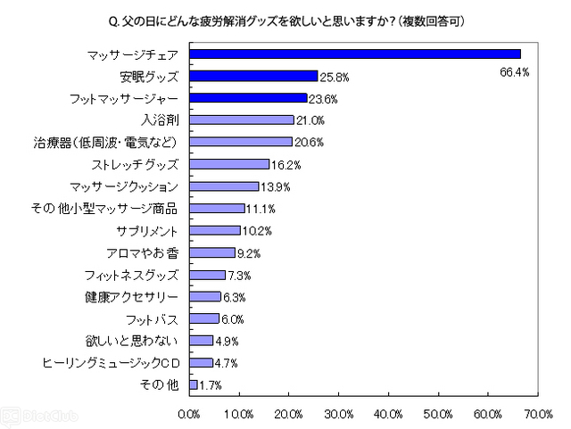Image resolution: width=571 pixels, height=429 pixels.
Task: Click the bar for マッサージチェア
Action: coord(354,54)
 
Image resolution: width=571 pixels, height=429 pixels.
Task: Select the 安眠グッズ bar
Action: coord(253,76)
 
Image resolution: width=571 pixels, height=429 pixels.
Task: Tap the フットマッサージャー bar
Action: coord(248,98)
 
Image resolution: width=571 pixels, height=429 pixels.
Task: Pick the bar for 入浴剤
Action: coord(241,120)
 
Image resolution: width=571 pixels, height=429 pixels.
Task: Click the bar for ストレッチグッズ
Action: coord(229,164)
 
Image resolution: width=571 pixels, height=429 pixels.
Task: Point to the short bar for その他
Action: coord(193,384)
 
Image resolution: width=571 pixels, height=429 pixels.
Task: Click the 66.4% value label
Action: coord(514,71)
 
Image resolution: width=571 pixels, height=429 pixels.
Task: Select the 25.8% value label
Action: coord(335,77)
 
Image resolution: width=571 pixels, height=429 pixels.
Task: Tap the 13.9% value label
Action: coord(276,186)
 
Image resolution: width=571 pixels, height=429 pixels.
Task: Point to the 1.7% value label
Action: coord(211,385)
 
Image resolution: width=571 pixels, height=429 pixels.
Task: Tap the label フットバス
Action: coord(156,318)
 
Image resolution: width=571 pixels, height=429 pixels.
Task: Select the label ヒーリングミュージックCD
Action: coord(112,362)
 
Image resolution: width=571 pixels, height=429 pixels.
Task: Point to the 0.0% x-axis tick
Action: coord(190,413)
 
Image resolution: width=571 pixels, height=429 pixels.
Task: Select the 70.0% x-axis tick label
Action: coord(538,413)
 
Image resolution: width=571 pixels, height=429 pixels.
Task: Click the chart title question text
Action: coord(285,19)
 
